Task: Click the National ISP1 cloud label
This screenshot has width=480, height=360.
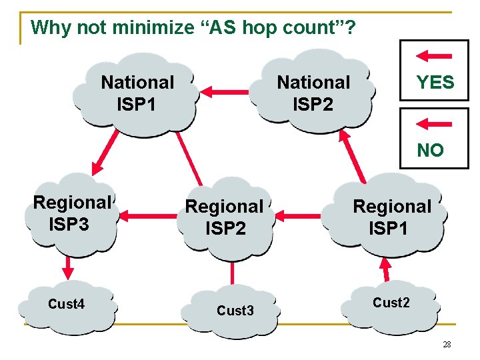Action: coord(137,93)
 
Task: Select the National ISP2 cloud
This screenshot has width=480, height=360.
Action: coord(313,93)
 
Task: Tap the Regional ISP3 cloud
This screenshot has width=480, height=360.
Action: coord(71,213)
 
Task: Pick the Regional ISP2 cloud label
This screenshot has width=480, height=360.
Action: coord(225,217)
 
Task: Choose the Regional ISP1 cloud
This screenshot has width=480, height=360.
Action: coord(392,217)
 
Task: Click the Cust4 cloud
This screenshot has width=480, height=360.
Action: coord(67,305)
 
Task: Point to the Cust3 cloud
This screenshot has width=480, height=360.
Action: coord(235,311)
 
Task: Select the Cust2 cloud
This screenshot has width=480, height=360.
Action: coord(391,303)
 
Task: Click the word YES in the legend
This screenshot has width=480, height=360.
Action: coord(435,83)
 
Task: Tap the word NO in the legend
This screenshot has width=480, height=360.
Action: coord(430,151)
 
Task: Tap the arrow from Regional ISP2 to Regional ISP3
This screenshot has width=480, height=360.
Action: coord(146,215)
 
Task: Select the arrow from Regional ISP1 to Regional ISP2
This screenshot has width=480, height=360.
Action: coord(300,215)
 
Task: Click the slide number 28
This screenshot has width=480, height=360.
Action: coord(446,343)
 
